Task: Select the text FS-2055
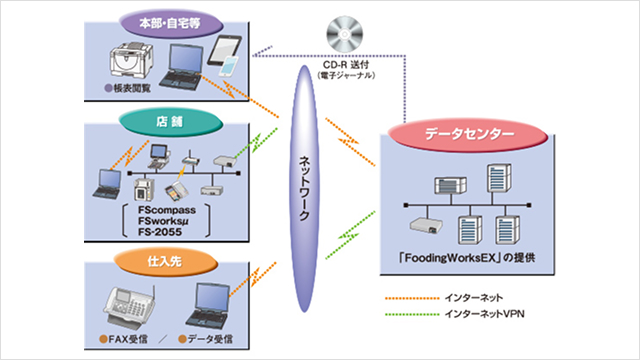coord(167,240)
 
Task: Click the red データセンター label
coord(466,134)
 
